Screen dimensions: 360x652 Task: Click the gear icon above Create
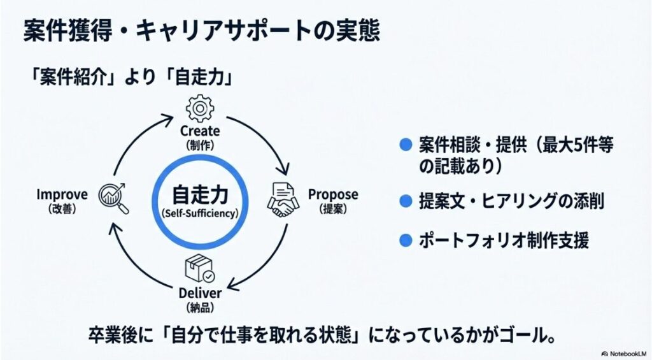[x=200, y=108]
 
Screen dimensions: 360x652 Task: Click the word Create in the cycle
[x=200, y=131]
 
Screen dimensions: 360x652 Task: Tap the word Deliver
[x=200, y=294]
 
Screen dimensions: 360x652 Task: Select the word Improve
[x=62, y=194]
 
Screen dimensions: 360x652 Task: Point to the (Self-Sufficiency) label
[x=200, y=213]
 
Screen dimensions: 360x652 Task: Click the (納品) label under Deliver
[x=200, y=308]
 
